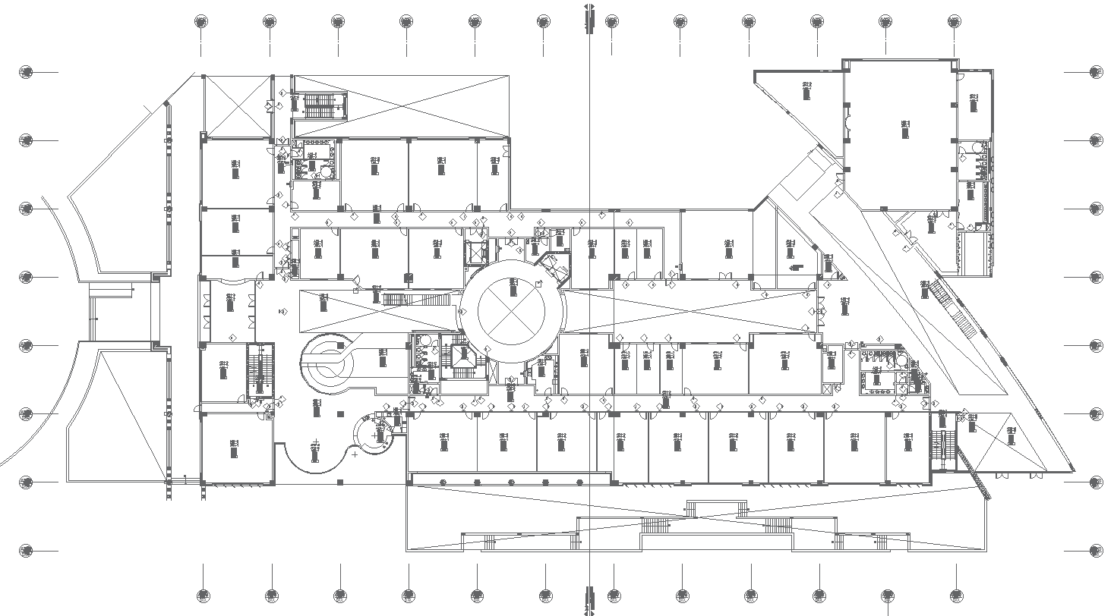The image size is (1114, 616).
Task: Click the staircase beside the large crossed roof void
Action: coord(324,105)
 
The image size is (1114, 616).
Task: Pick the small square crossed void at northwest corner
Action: coord(237,105)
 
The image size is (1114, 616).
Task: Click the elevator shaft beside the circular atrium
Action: coord(478,252)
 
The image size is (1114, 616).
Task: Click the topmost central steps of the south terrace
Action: coord(716,508)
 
